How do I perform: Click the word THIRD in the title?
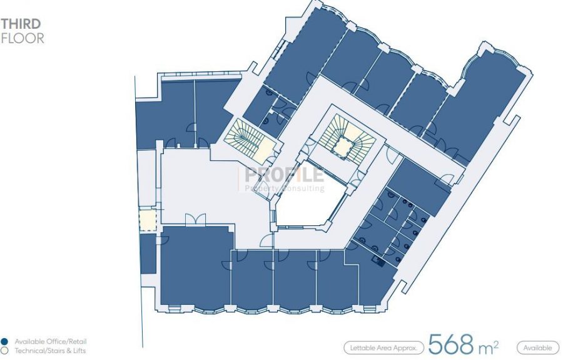click(x=21, y=24)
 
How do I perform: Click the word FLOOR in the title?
click(x=23, y=38)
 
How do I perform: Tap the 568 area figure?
click(x=451, y=344)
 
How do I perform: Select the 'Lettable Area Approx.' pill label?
click(x=384, y=347)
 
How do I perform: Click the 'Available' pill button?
click(x=537, y=347)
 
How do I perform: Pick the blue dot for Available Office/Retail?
click(x=4, y=341)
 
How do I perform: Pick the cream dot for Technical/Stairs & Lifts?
click(x=4, y=351)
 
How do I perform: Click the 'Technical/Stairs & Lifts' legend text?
click(x=50, y=351)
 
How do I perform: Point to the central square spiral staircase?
click(x=343, y=138)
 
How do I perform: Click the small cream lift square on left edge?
click(x=148, y=220)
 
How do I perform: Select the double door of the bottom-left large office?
click(x=196, y=220)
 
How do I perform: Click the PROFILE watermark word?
click(x=284, y=175)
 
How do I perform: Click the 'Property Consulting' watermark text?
click(x=285, y=188)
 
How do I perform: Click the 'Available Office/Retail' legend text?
click(x=51, y=341)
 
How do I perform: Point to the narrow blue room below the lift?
click(x=148, y=254)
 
